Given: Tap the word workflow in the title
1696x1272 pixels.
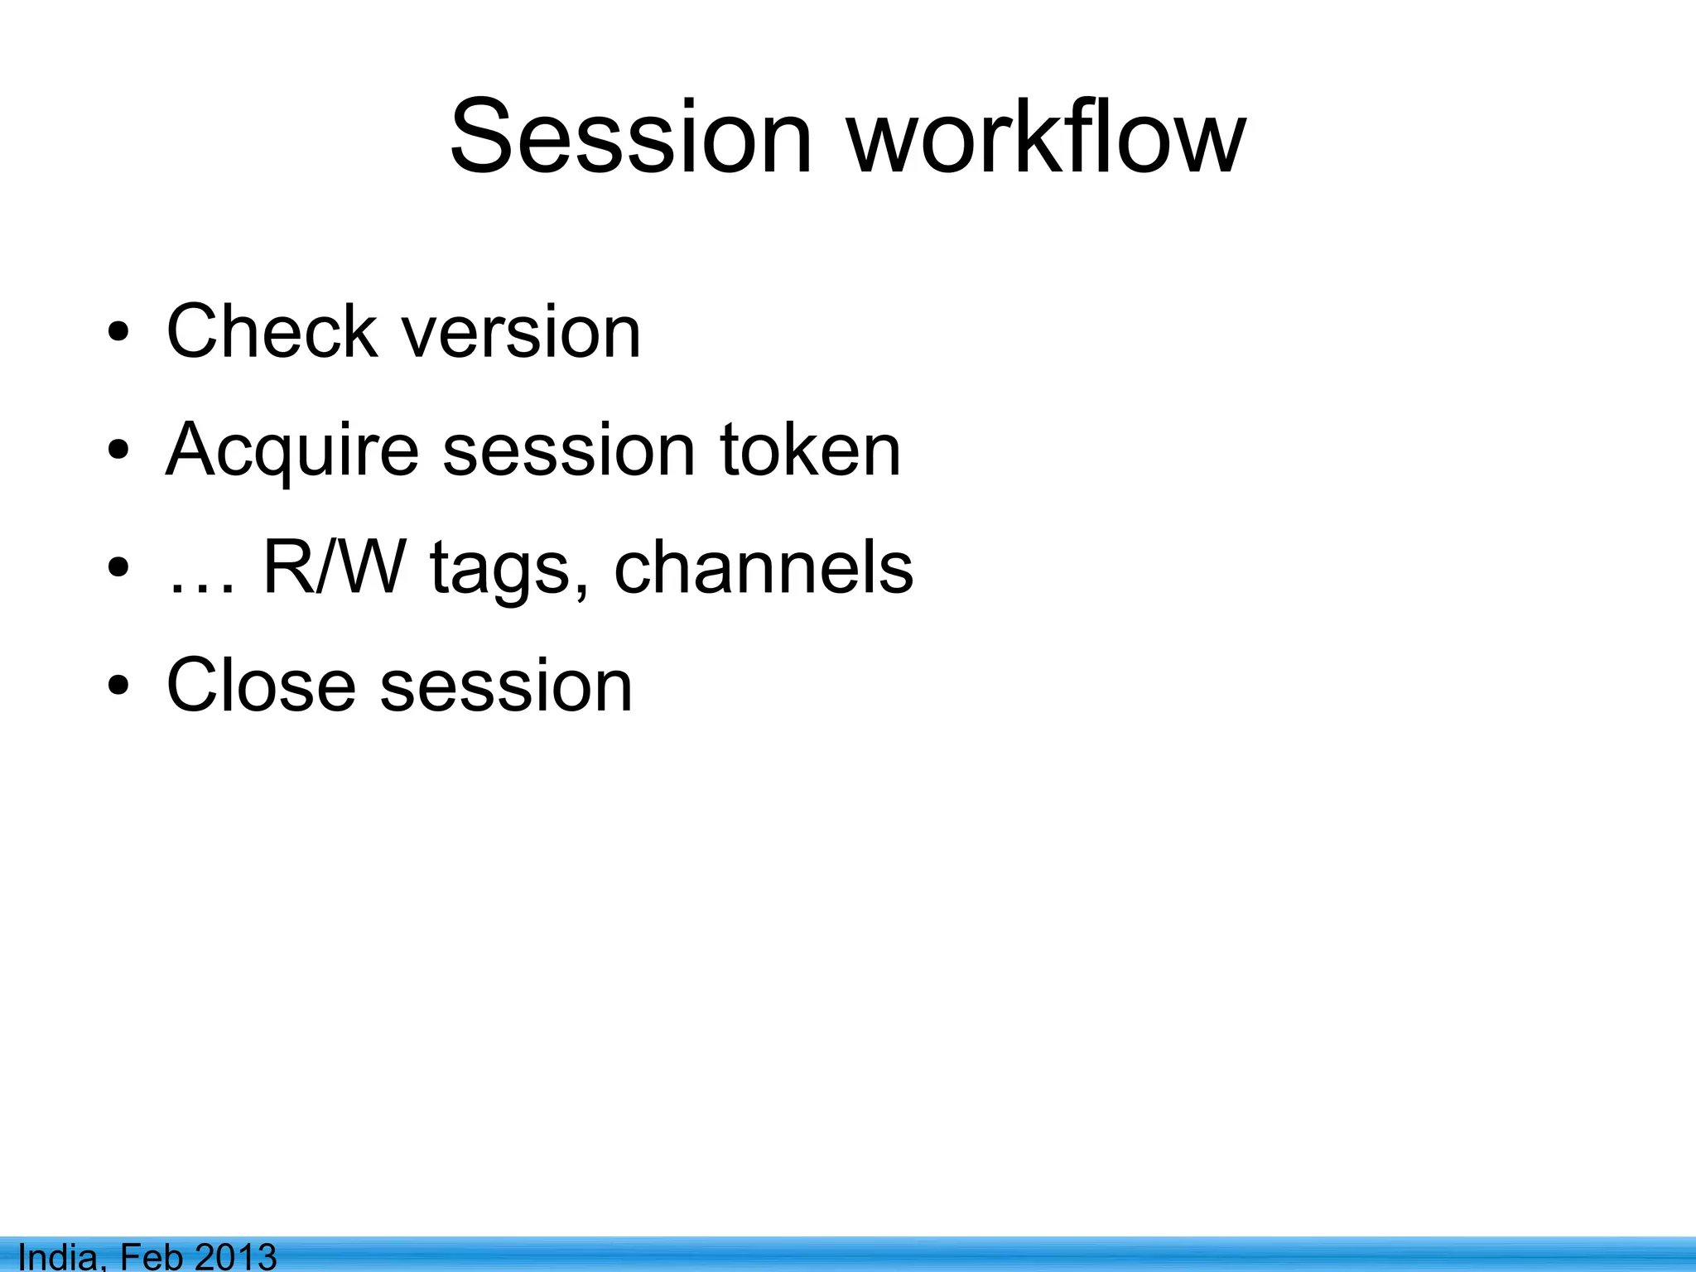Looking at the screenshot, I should [x=1048, y=137].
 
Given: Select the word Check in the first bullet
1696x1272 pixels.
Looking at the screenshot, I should [x=272, y=331].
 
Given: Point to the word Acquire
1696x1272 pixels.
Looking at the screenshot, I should [x=292, y=451].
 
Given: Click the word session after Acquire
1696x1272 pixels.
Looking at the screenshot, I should [x=569, y=451].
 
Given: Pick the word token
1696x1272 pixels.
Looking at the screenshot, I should [x=810, y=450].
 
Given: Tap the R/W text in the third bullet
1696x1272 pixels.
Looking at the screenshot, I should [x=335, y=568].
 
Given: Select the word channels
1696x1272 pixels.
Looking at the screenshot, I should [x=764, y=568].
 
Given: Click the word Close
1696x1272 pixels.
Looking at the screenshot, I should [x=261, y=686].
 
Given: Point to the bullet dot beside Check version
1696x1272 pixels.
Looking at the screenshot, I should [x=118, y=333].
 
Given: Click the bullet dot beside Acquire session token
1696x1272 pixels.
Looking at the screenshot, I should [x=118, y=451].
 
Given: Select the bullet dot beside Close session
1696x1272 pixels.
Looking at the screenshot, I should [x=118, y=687].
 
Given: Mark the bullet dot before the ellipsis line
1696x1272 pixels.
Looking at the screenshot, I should [x=118, y=569].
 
